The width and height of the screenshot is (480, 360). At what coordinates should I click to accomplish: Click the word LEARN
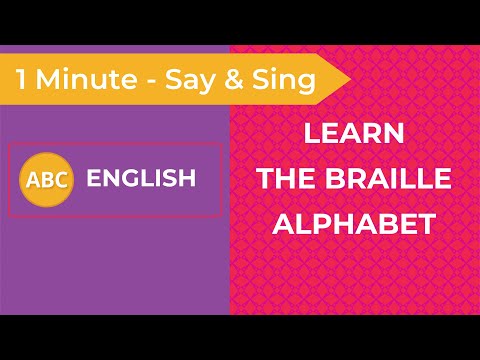354,133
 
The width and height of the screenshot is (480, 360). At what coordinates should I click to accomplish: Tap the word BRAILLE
388,178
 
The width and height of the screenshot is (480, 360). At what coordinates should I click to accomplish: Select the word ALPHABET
354,224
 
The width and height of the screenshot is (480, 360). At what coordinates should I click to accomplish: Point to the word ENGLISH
141,178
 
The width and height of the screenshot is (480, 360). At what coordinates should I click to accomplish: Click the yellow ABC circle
46,180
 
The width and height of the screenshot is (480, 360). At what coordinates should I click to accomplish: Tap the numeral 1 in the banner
21,79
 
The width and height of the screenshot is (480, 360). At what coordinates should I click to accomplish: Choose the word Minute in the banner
87,79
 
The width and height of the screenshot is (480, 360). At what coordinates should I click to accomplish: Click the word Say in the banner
189,82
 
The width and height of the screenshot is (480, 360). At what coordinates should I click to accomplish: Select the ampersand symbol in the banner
234,79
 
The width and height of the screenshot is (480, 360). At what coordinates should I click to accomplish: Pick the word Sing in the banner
284,81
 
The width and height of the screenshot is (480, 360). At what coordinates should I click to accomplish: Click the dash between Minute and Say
151,82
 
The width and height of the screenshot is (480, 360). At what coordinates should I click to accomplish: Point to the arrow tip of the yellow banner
351,79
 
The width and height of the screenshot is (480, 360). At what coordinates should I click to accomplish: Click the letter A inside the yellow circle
33,180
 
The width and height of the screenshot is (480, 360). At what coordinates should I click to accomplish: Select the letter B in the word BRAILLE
334,178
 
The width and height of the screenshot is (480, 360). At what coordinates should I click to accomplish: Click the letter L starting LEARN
312,133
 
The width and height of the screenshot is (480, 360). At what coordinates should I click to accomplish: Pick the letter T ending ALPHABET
427,224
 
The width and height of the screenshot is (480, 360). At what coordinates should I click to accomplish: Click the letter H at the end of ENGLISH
188,178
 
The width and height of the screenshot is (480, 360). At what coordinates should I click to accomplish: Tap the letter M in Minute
47,79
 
